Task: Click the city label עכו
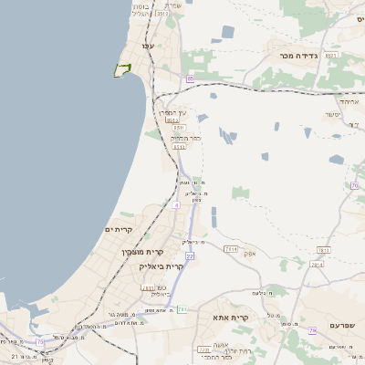point(146,45)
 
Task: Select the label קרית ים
point(120,229)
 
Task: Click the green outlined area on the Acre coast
point(122,69)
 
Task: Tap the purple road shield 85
point(190,79)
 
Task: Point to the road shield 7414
point(230,248)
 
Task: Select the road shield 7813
point(322,249)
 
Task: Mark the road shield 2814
point(317,265)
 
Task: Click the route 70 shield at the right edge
point(353,186)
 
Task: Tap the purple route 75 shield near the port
point(40,342)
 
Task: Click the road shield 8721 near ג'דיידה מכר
point(332,56)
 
